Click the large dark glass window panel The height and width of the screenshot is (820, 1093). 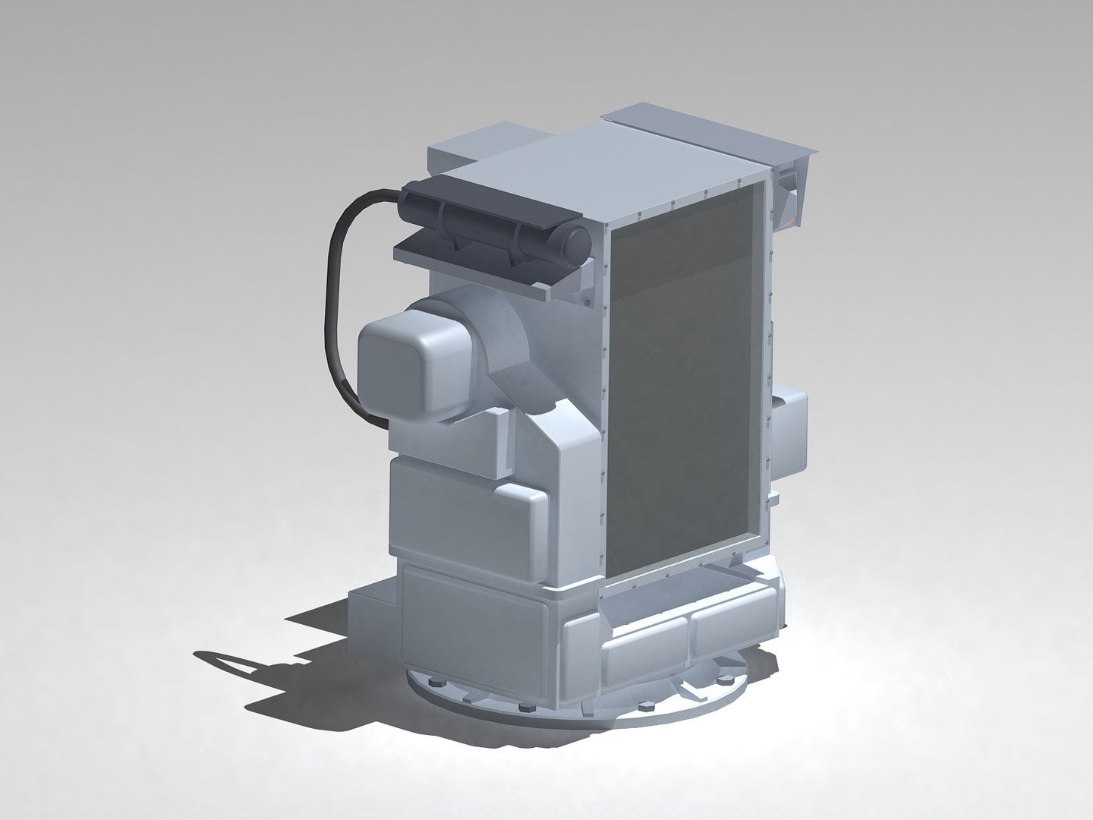pyautogui.click(x=683, y=380)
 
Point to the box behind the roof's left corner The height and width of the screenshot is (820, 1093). pyautogui.click(x=455, y=156)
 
